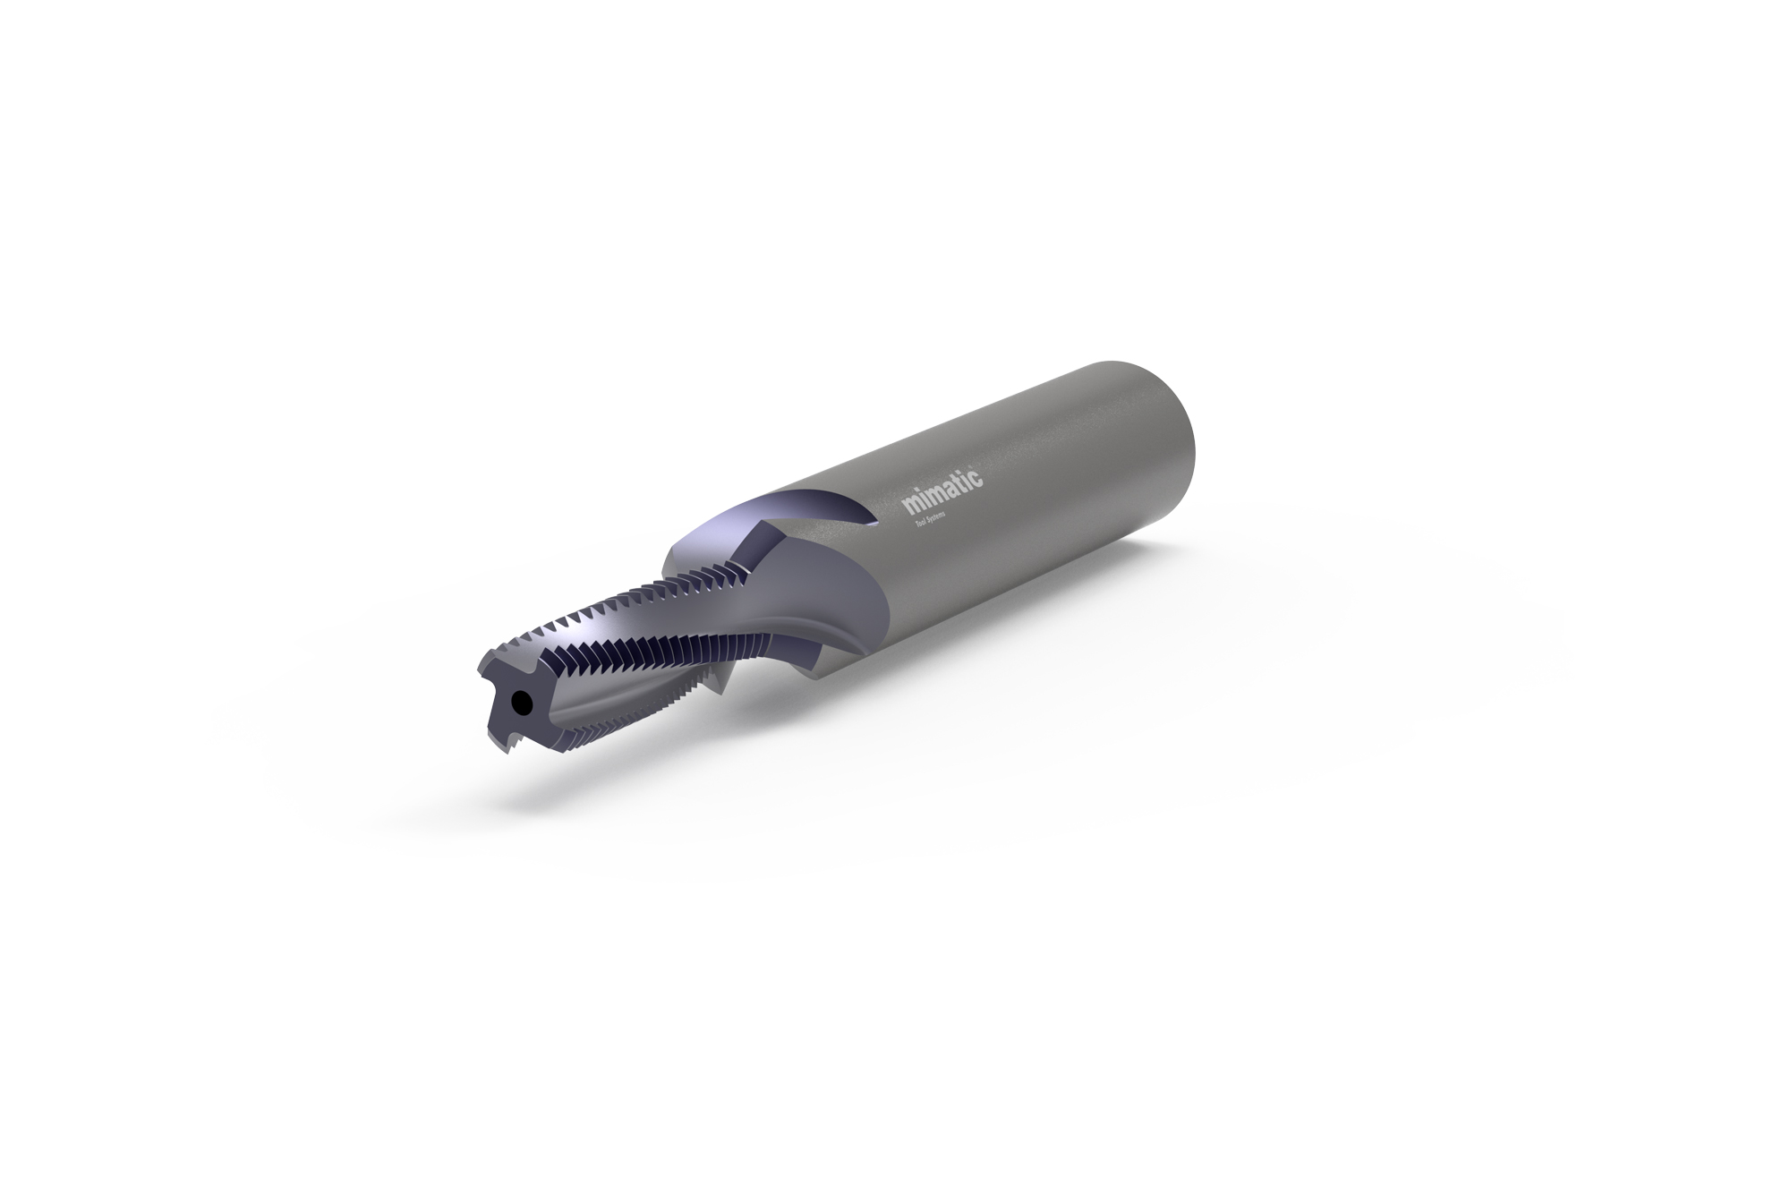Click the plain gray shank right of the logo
tap(1074, 465)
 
